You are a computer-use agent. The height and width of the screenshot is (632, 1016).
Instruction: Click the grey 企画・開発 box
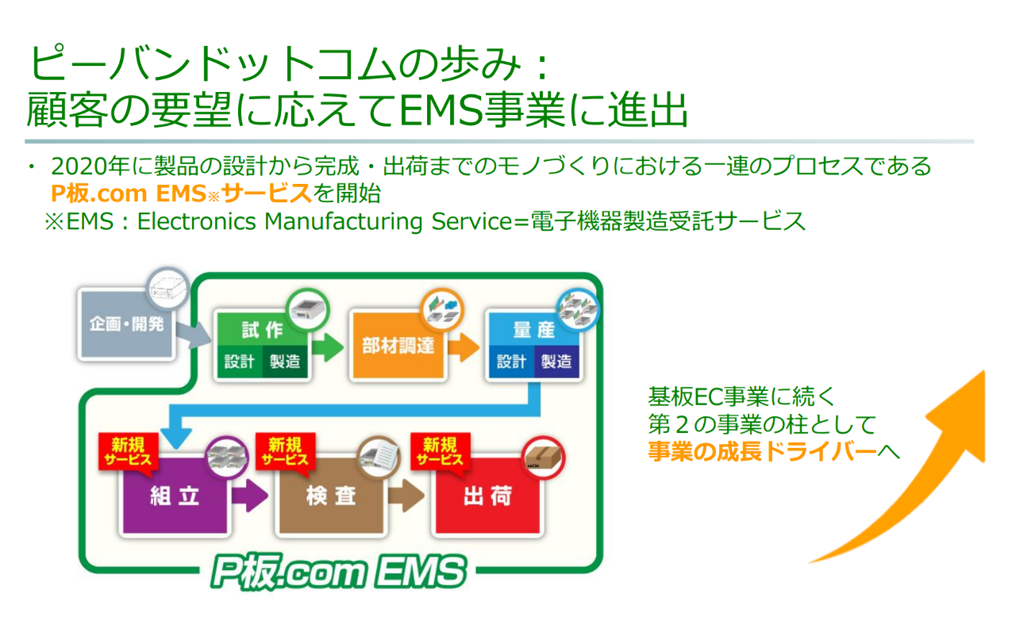[125, 325]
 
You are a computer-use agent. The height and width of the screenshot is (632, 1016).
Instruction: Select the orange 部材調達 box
[398, 345]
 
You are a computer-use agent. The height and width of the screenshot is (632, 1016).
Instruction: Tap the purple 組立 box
[175, 496]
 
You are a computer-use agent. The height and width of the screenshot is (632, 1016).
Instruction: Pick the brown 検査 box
[331, 496]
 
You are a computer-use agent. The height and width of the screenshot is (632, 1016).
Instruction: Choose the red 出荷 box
[487, 496]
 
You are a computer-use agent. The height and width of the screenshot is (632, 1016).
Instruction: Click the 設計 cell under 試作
[239, 362]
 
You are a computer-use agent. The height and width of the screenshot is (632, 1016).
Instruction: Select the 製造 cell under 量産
[556, 362]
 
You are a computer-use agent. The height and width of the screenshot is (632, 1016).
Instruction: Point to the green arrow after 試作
[328, 348]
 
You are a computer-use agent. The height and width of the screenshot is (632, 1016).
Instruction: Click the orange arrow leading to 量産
[464, 348]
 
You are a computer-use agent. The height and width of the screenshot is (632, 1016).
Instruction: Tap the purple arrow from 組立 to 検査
[250, 496]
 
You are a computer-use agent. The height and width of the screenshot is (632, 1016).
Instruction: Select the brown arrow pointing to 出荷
[406, 496]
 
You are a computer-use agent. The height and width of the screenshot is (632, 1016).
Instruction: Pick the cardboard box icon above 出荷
[543, 458]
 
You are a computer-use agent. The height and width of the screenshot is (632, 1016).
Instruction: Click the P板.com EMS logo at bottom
[339, 572]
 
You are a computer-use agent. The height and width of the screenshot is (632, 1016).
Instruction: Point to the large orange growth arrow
[900, 466]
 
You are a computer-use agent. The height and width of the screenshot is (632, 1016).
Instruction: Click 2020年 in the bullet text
[90, 166]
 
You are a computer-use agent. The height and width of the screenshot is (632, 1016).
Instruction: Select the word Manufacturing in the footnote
[343, 223]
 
